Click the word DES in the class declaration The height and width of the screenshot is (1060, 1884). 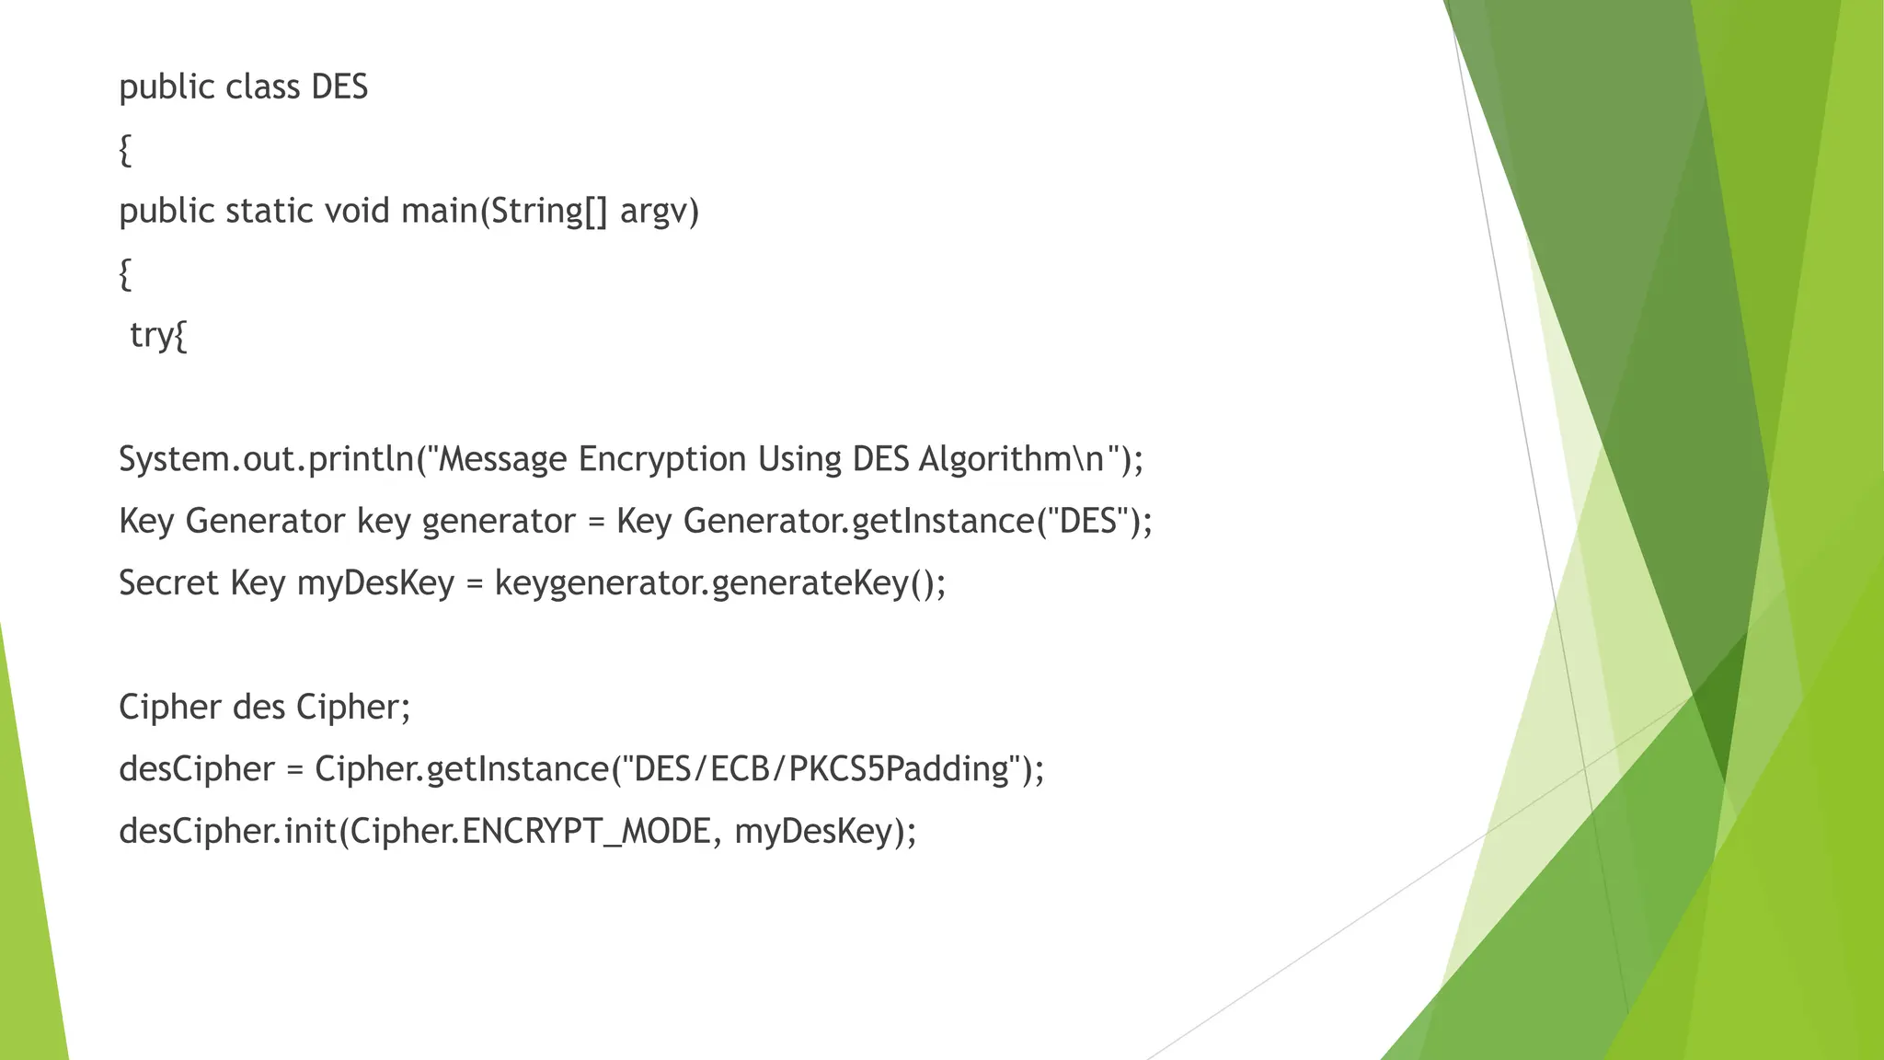click(x=339, y=87)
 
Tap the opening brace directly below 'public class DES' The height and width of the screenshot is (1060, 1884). click(x=125, y=150)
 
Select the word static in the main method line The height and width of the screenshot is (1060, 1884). click(x=270, y=212)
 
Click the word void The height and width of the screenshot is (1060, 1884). click(x=357, y=212)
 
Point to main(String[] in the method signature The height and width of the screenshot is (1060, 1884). click(x=504, y=212)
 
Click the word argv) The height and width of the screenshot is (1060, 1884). click(x=659, y=212)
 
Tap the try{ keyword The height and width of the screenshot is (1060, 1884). click(x=158, y=335)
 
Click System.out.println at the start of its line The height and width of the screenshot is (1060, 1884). click(x=267, y=459)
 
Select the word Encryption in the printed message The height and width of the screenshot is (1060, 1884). click(x=661, y=459)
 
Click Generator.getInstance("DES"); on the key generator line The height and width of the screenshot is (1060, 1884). click(x=917, y=522)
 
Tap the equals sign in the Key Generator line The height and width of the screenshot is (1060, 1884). click(x=596, y=522)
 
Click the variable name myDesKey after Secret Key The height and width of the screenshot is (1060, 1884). click(x=375, y=583)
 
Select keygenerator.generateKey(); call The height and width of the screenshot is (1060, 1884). click(x=720, y=583)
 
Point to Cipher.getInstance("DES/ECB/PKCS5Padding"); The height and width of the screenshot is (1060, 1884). click(x=680, y=769)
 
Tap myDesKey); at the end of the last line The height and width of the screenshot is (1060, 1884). click(x=825, y=832)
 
